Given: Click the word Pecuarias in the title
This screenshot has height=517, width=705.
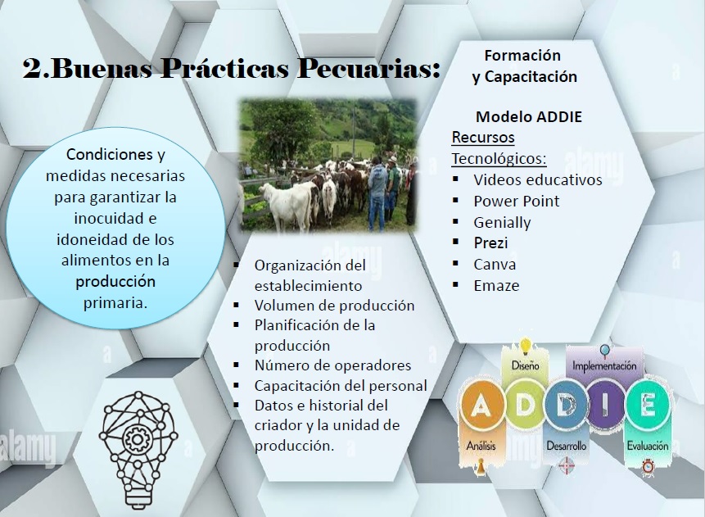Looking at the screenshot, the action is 368,69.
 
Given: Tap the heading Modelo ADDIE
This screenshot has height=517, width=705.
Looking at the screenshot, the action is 529,117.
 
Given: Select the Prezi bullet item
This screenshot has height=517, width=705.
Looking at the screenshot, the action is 490,243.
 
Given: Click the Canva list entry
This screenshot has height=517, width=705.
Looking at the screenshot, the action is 495,264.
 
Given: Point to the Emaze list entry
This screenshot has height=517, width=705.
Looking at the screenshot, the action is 496,285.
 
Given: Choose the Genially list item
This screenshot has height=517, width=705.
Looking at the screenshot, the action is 502,223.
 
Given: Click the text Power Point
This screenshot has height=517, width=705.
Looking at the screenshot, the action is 517,201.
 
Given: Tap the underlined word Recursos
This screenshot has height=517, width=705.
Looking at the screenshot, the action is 483,137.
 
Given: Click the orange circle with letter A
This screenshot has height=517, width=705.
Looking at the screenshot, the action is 481,406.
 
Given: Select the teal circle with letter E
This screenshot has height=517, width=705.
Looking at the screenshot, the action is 648,406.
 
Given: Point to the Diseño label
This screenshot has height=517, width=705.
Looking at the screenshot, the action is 525,365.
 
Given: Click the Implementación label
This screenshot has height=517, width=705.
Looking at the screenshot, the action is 604,365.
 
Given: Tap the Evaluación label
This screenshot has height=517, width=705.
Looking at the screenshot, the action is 648,446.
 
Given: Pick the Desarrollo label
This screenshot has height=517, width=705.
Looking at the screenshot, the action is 566,446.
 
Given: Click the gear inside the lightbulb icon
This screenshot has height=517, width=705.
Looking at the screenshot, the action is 135,438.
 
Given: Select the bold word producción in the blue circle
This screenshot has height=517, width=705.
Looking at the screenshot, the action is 115,282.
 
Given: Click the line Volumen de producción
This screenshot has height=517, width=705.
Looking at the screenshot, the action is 334,306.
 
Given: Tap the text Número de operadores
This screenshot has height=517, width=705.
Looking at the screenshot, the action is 332,365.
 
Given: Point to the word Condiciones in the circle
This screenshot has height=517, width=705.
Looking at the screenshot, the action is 109,154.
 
